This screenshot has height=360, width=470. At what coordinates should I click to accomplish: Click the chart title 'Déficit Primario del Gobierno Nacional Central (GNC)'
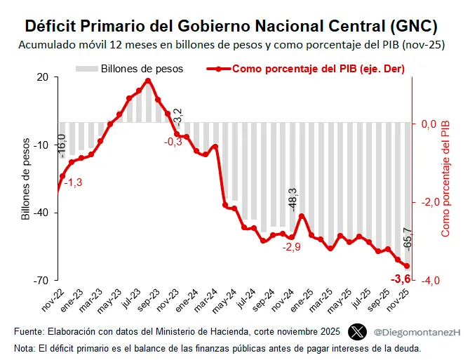pyautogui.click(x=231, y=27)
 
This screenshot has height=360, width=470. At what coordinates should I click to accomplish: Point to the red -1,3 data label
pyautogui.click(x=73, y=182)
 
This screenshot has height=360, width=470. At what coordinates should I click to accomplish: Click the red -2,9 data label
pyautogui.click(x=292, y=247)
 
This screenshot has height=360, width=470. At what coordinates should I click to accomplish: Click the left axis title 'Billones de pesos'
pyautogui.click(x=26, y=179)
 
